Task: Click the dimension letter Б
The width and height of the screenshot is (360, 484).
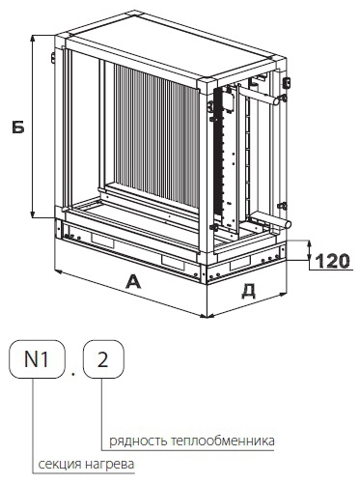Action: [18, 128]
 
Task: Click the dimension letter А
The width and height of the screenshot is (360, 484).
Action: [133, 282]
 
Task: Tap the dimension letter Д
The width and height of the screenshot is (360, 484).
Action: [248, 292]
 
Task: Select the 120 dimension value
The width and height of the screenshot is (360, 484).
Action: [332, 261]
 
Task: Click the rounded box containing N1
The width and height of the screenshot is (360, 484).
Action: [37, 359]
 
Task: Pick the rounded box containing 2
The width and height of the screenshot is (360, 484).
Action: [103, 359]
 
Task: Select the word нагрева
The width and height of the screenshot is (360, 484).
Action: [109, 465]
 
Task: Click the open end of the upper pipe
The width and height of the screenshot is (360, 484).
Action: [275, 100]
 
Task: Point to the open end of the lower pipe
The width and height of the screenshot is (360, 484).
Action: [289, 223]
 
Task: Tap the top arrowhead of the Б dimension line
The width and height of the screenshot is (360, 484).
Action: [33, 39]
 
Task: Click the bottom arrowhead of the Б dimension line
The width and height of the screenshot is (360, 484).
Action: [33, 214]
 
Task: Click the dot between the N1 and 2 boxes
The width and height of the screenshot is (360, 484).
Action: [74, 374]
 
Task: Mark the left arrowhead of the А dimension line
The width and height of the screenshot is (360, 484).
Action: [59, 272]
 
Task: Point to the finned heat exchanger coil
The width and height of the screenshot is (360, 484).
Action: [156, 135]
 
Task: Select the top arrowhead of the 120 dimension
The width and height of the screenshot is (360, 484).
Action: [309, 244]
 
